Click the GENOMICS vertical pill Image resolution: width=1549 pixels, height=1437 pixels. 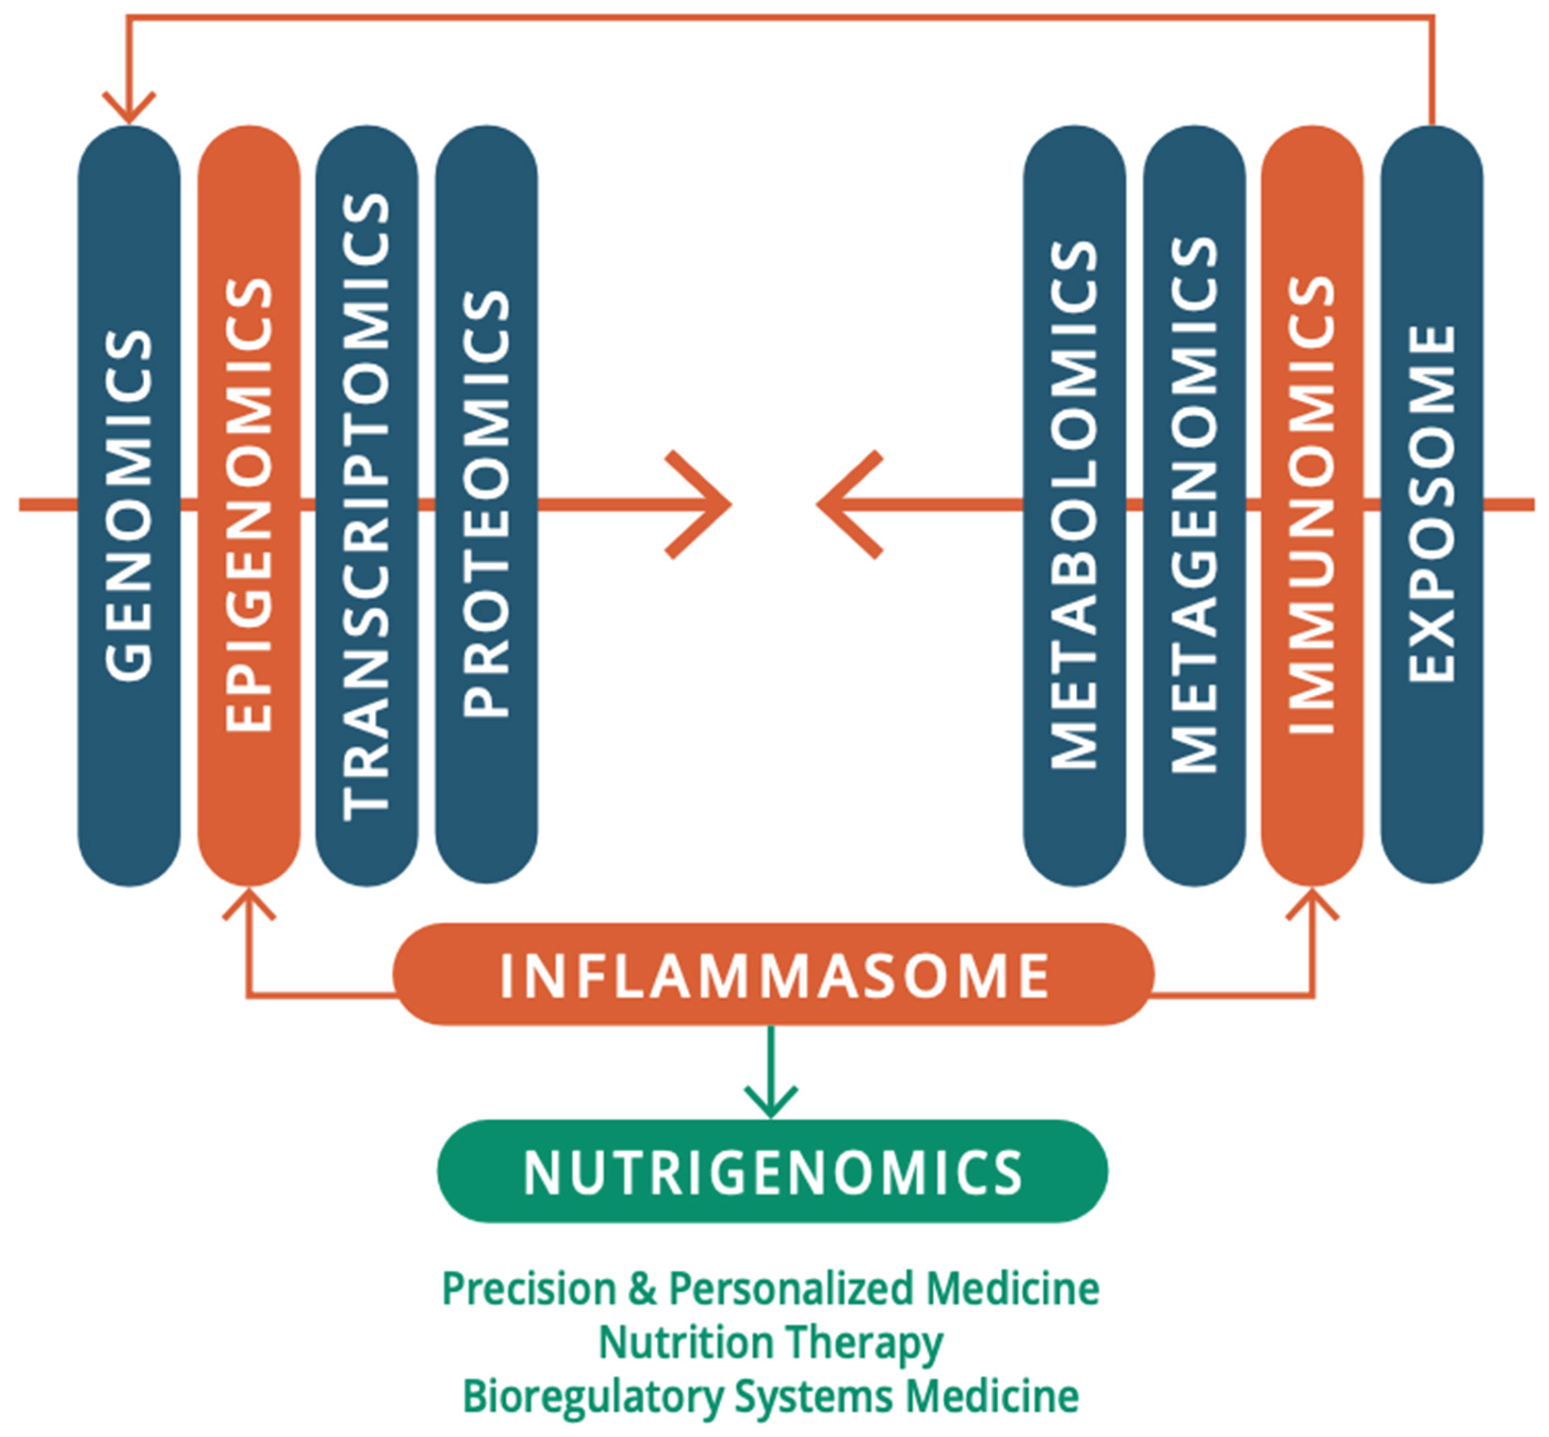coord(129,505)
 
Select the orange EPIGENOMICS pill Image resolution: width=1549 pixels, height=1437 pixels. coord(249,505)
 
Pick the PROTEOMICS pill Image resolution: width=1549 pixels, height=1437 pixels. coord(486,505)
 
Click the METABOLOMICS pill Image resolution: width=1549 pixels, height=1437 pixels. coord(1074,505)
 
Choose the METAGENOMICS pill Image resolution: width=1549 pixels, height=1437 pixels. coord(1194,505)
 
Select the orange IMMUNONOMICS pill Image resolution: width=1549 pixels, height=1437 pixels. coord(1312,505)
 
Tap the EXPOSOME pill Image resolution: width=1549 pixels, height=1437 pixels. coord(1432,505)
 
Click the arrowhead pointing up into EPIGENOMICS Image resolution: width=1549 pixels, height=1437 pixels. coord(249,903)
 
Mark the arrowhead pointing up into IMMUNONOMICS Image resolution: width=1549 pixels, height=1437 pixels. coord(1312,903)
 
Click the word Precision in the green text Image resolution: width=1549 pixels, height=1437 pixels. coord(529,1289)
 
